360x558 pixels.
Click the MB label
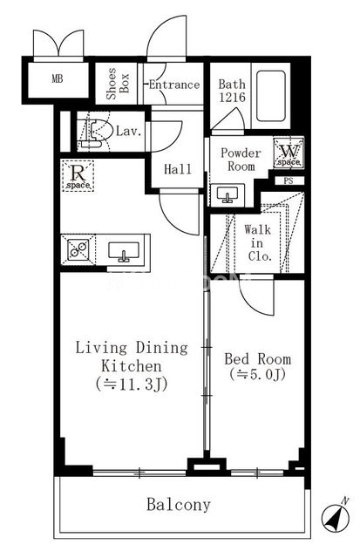(x=58, y=78)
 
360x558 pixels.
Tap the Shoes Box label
(x=118, y=84)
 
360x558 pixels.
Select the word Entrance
(x=174, y=85)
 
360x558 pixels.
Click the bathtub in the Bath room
(x=271, y=96)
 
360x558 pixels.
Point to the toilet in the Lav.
(x=93, y=133)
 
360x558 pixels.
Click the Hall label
(x=178, y=169)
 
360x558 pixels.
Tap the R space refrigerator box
(x=78, y=176)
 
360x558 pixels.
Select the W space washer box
(x=289, y=153)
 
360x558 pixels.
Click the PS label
(x=289, y=180)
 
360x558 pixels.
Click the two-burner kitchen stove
(x=78, y=249)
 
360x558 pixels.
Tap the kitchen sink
(x=124, y=251)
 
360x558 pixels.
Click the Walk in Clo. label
(x=257, y=242)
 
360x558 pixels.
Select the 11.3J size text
(x=132, y=384)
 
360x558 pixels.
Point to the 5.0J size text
(x=257, y=374)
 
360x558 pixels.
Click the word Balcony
(x=179, y=505)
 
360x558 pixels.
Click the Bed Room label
(x=257, y=358)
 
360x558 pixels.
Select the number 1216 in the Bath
(x=232, y=97)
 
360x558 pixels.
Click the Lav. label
(x=129, y=131)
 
